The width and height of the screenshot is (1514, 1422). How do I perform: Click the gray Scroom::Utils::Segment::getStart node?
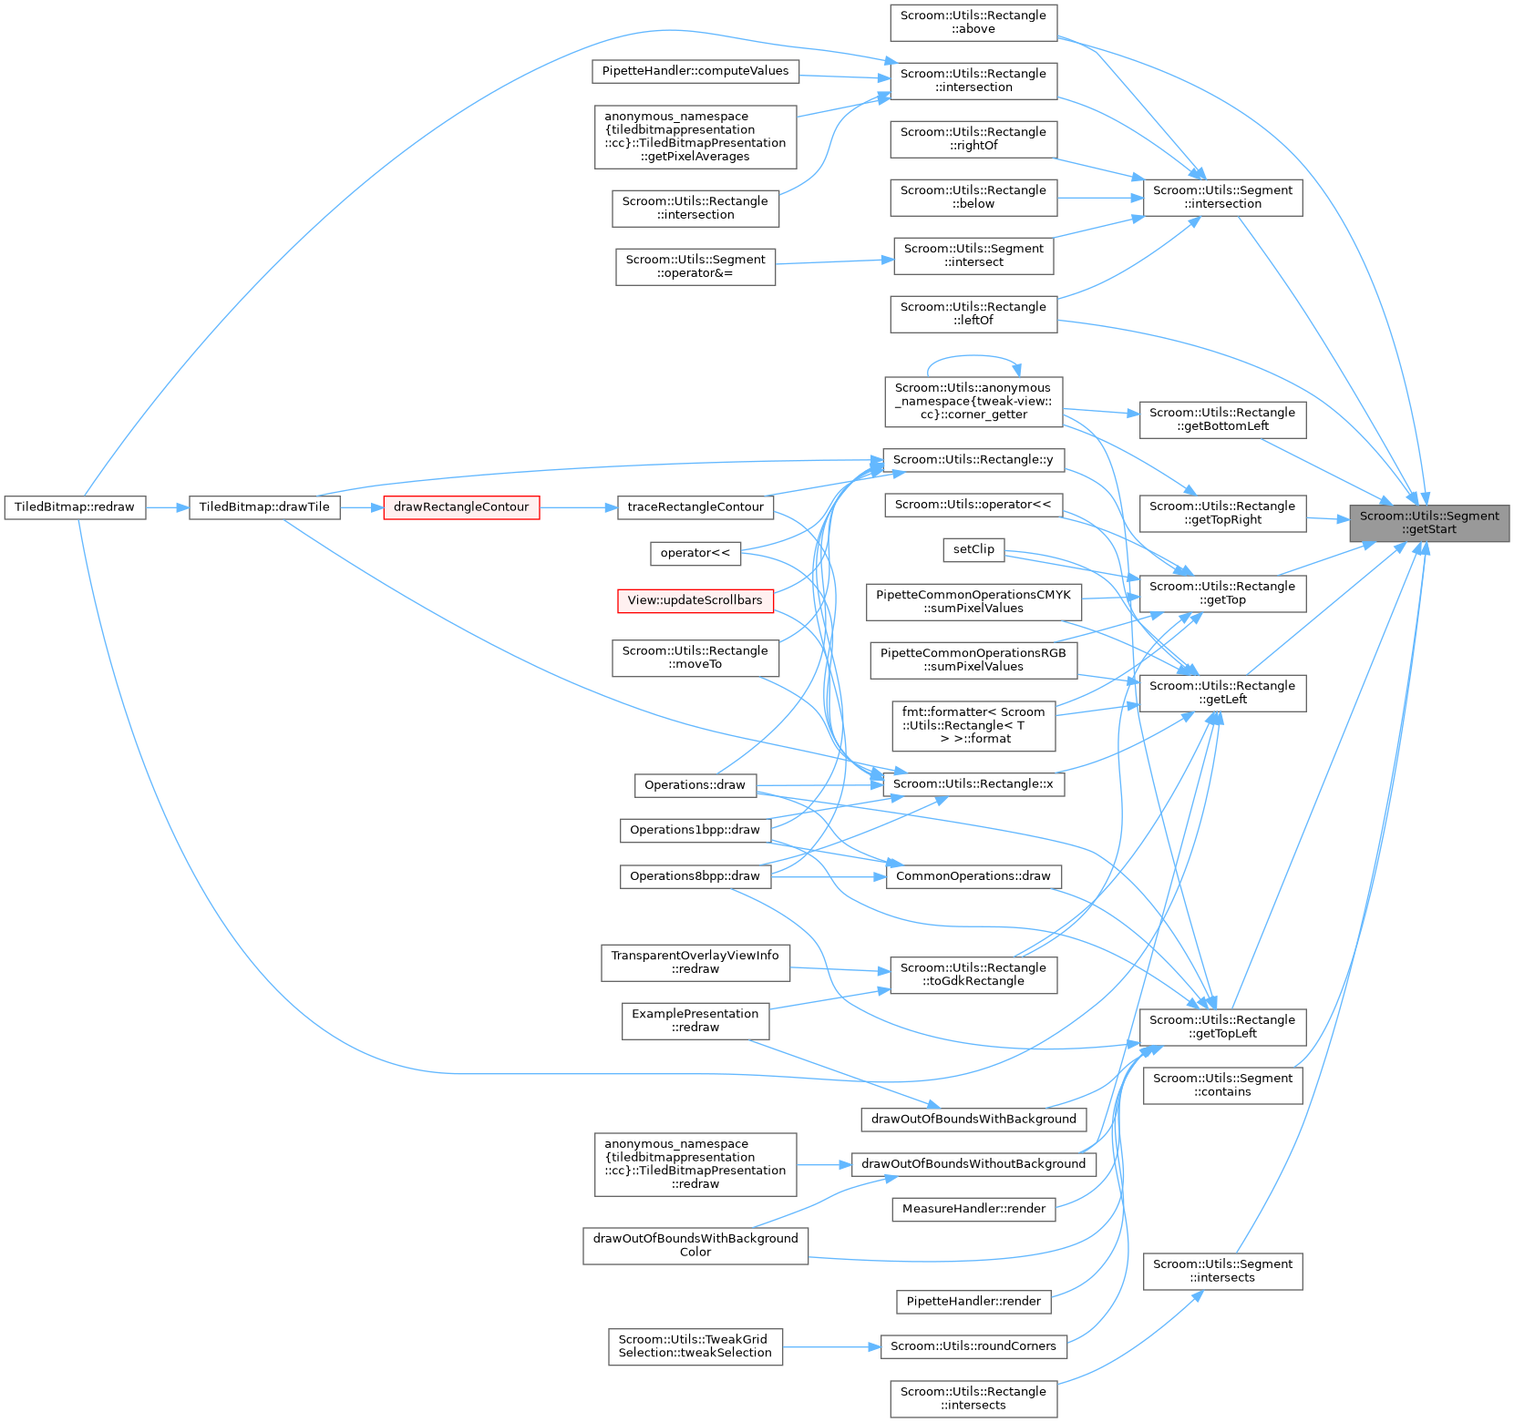[x=1428, y=523]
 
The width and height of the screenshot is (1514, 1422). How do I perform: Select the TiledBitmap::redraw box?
[x=75, y=507]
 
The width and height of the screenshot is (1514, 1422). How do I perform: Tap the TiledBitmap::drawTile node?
[x=264, y=507]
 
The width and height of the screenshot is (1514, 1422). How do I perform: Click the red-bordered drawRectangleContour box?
[x=461, y=507]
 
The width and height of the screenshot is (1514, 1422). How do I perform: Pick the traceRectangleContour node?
[x=695, y=507]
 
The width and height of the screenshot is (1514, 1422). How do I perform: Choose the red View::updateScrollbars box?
[x=695, y=601]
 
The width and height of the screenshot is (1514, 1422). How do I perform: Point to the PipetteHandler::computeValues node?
[x=695, y=71]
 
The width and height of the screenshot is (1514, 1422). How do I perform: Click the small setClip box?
[x=973, y=549]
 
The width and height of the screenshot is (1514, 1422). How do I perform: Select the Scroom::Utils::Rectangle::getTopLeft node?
[x=1222, y=1027]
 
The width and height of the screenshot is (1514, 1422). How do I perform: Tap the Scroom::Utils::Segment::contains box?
[x=1222, y=1085]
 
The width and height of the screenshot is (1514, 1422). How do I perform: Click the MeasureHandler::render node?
[x=973, y=1209]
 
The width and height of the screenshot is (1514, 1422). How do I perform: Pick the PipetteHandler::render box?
[x=973, y=1302]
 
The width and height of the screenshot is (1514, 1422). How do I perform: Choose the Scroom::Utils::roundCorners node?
[x=973, y=1346]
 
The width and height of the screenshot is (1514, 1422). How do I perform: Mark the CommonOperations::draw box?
[x=973, y=876]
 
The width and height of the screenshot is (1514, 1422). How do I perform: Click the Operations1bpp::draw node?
[x=695, y=830]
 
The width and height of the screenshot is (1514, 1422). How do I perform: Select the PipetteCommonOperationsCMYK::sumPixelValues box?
[x=973, y=601]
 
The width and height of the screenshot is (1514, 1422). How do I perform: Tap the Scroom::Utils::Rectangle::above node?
[x=973, y=22]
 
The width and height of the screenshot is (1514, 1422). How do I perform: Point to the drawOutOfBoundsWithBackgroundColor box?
[x=695, y=1245]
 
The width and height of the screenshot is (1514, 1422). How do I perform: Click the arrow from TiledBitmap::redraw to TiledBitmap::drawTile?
[x=167, y=507]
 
